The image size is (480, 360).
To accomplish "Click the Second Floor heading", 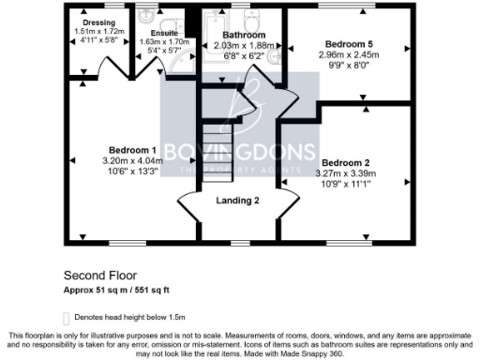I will [x=100, y=276].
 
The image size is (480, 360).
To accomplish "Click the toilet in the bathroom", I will [x=252, y=19].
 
